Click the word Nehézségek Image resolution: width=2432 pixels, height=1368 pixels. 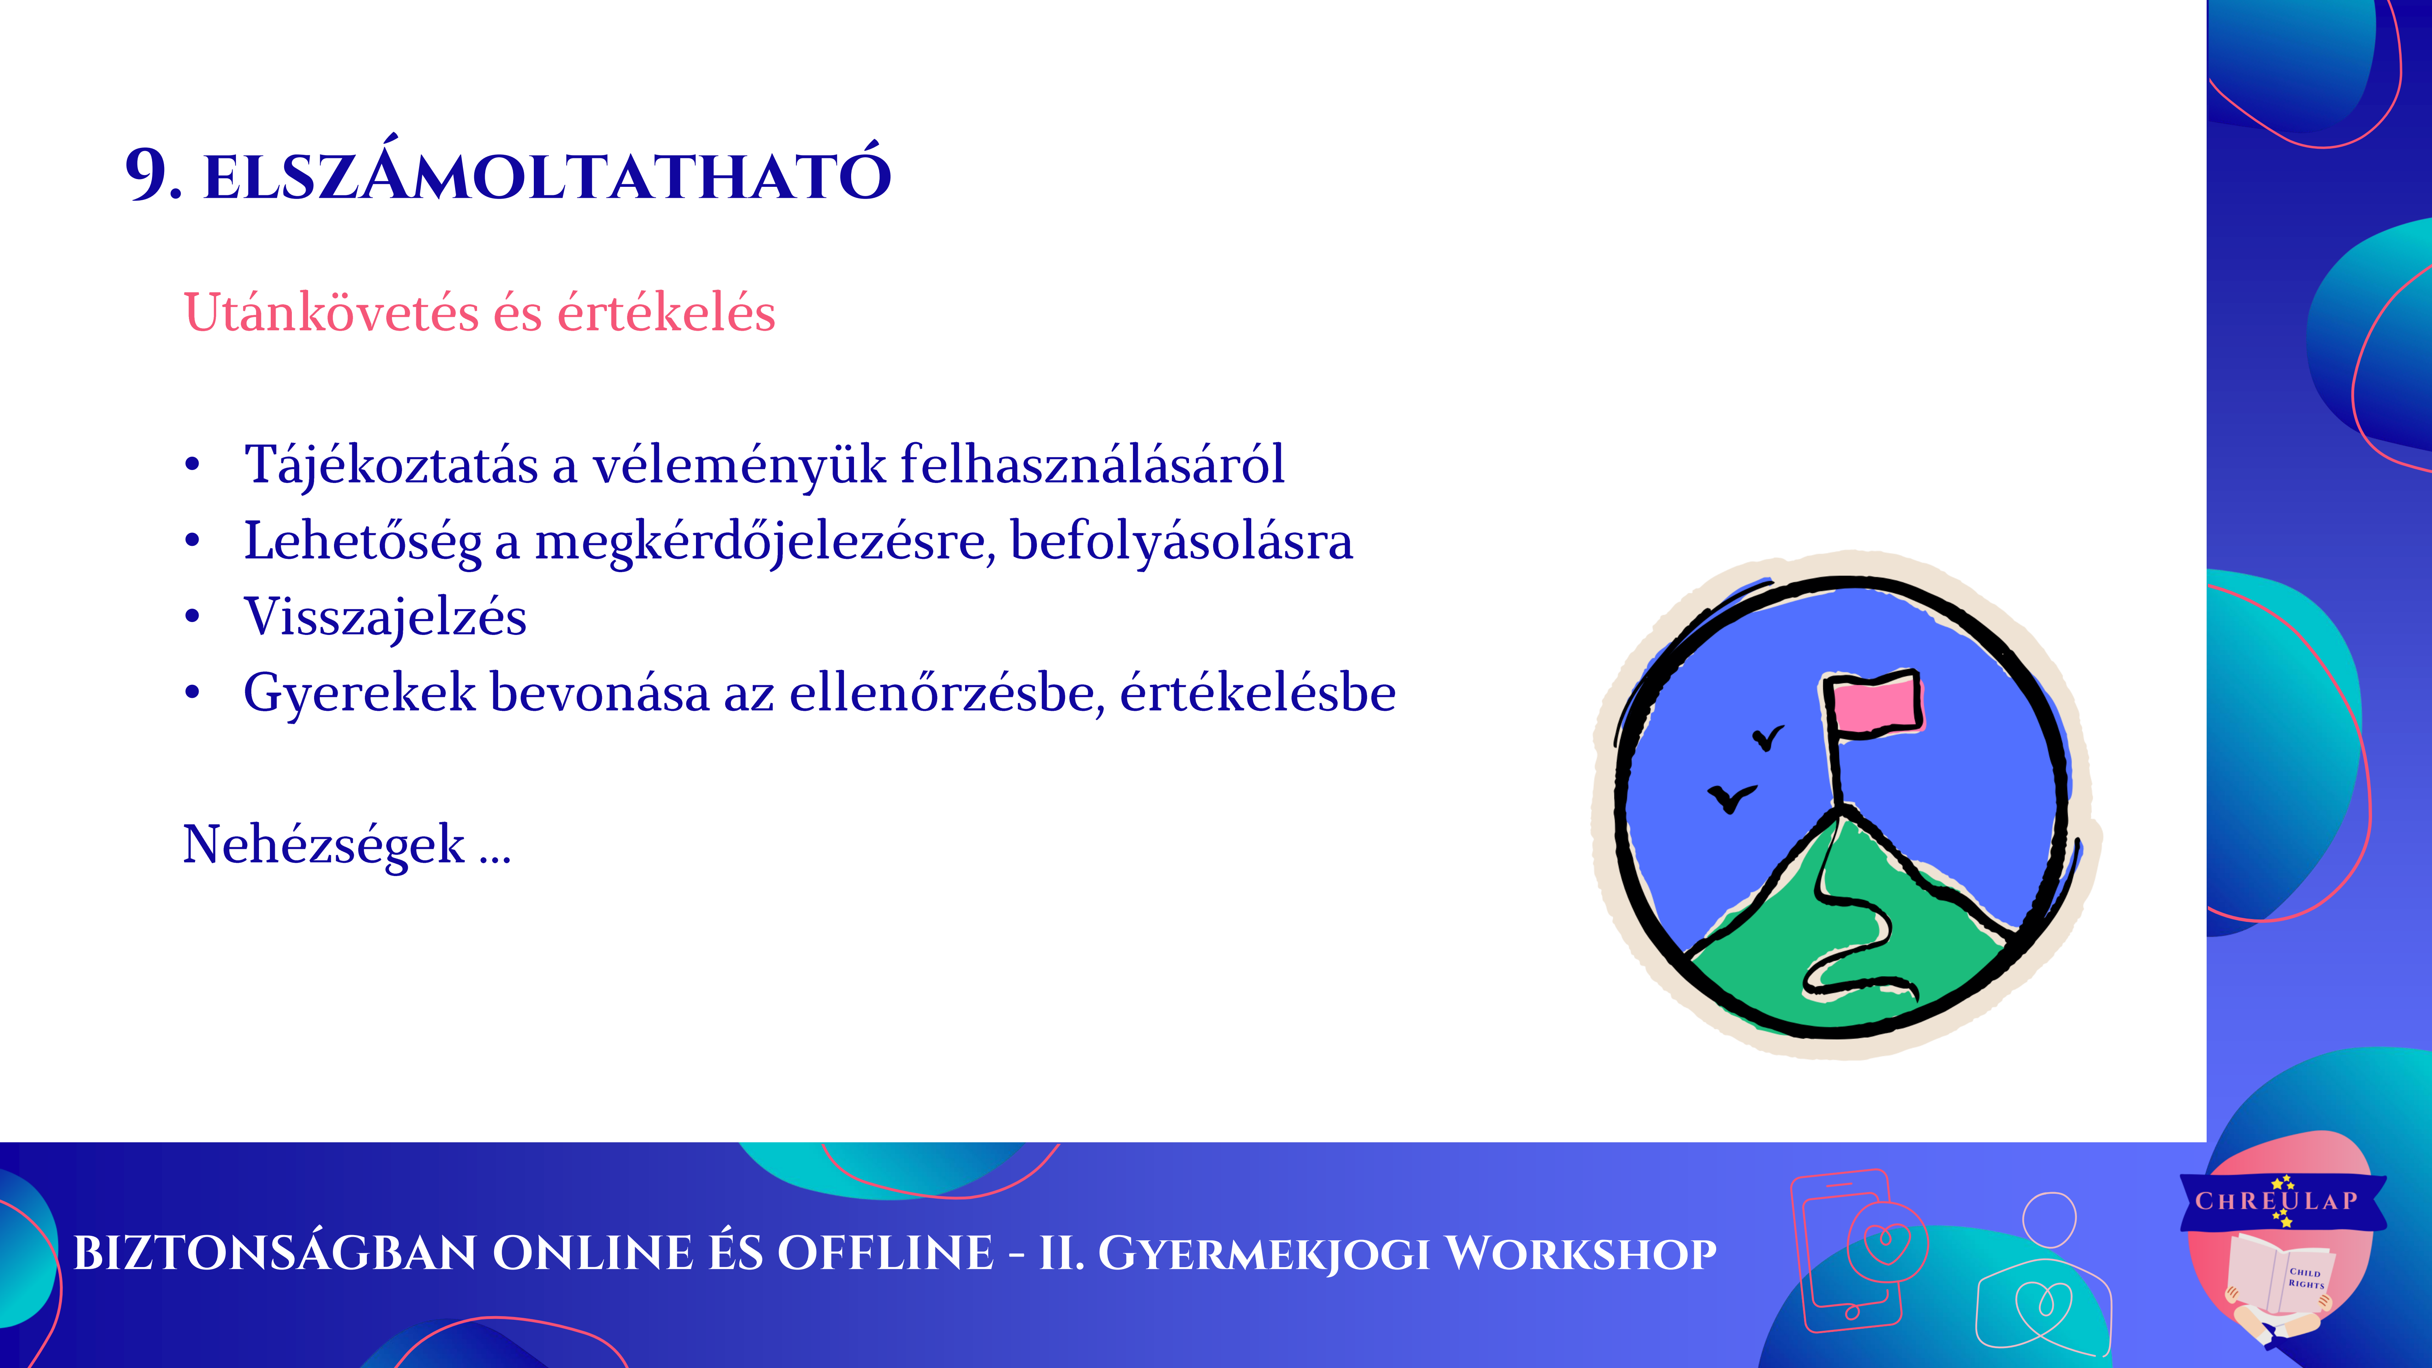click(324, 845)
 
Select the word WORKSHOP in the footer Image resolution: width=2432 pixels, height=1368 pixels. click(1581, 1254)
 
